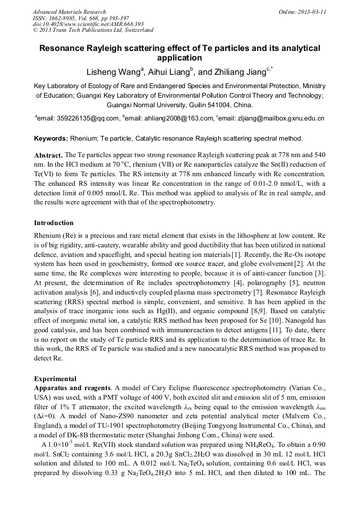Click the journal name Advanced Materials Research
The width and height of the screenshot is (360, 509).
pyautogui.click(x=69, y=12)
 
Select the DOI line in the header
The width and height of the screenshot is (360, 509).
pyautogui.click(x=88, y=24)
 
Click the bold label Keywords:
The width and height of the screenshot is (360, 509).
pyautogui.click(x=51, y=139)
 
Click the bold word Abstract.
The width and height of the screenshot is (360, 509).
pyautogui.click(x=48, y=154)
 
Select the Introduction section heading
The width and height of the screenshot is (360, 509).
pyautogui.click(x=54, y=222)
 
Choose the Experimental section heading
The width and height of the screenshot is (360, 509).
pyautogui.click(x=55, y=379)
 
